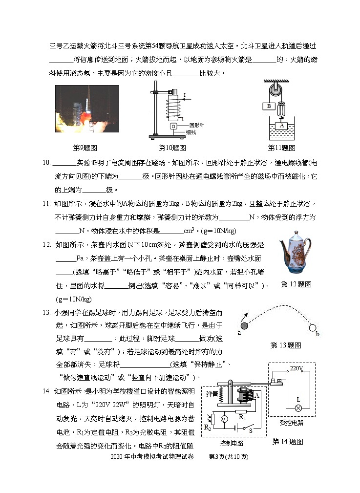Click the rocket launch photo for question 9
86,110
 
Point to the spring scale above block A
281,110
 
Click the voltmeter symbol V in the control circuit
224,419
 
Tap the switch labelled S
251,430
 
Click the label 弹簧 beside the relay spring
212,394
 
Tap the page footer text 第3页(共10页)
229,457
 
